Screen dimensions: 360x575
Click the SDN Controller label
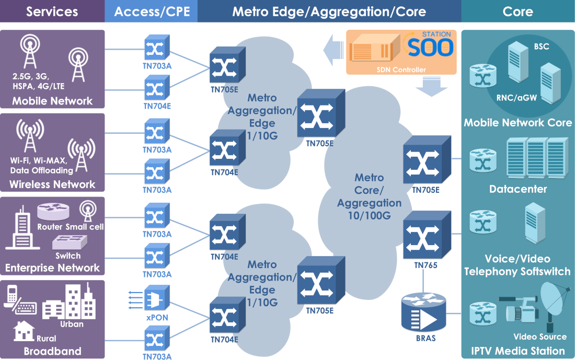pyautogui.click(x=401, y=69)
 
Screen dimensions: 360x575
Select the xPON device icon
pyautogui.click(x=156, y=298)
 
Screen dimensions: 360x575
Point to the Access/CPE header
pyautogui.click(x=151, y=11)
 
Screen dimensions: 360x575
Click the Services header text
pyautogui.click(x=52, y=11)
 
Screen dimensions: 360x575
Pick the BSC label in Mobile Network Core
pyautogui.click(x=542, y=47)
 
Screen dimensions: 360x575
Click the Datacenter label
pyautogui.click(x=518, y=189)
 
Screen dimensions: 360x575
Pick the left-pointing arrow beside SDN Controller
pyautogui.click(x=332, y=50)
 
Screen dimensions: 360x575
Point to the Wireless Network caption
pyautogui.click(x=52, y=184)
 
